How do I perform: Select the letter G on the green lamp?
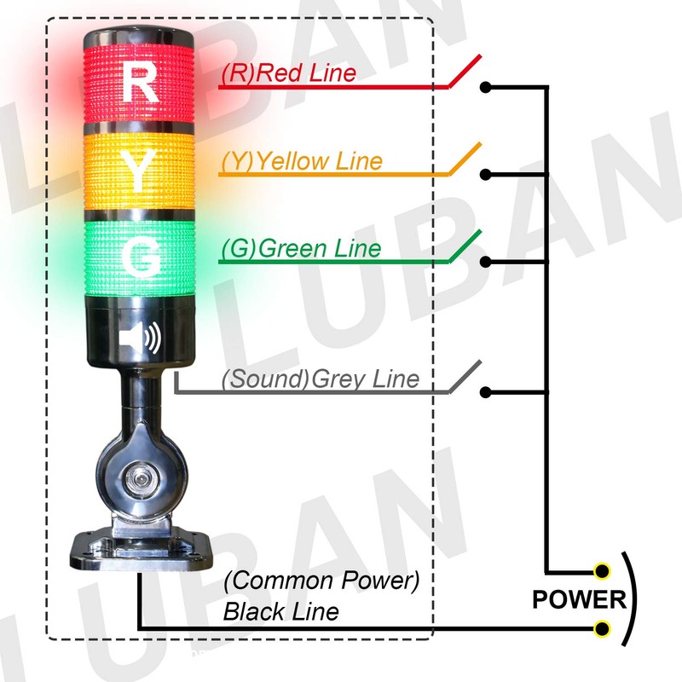click(142, 253)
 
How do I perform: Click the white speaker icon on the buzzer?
click(141, 339)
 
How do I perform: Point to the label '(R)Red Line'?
click(288, 73)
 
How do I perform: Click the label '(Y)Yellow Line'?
click(301, 160)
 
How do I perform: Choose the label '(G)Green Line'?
click(300, 248)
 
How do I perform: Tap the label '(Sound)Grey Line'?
click(321, 378)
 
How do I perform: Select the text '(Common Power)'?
click(323, 582)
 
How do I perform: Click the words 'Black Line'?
click(280, 611)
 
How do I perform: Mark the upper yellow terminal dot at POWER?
click(603, 570)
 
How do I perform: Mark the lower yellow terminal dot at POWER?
click(603, 629)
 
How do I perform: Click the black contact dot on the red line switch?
click(485, 87)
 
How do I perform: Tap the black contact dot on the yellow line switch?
click(485, 175)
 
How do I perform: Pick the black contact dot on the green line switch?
click(485, 262)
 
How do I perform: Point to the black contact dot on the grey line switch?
click(485, 392)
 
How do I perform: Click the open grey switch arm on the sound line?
click(465, 378)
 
